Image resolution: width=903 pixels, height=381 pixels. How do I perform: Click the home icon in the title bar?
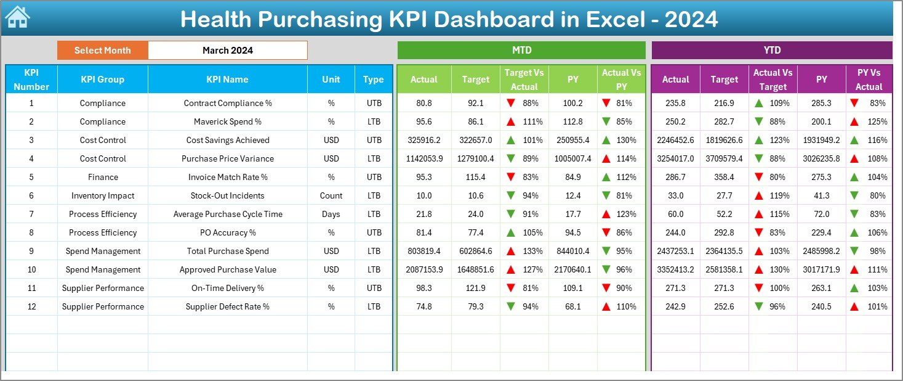pyautogui.click(x=17, y=18)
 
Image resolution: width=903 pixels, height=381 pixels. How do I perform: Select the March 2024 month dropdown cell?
pyautogui.click(x=228, y=51)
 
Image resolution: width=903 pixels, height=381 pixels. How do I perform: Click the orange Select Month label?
pyautogui.click(x=102, y=51)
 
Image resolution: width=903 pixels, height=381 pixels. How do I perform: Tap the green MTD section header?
pyautogui.click(x=521, y=51)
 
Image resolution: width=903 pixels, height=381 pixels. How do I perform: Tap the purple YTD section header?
pyautogui.click(x=771, y=51)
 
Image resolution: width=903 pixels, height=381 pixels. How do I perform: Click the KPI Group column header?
pyautogui.click(x=102, y=80)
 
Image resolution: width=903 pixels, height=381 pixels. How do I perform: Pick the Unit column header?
pyautogui.click(x=331, y=80)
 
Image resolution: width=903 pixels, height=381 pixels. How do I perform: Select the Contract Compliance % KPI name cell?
pyautogui.click(x=228, y=104)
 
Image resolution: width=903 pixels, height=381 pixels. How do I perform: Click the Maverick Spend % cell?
pyautogui.click(x=228, y=122)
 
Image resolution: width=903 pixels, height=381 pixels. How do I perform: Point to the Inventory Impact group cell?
pyautogui.click(x=102, y=196)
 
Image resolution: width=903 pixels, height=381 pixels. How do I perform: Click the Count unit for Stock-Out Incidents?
pyautogui.click(x=331, y=196)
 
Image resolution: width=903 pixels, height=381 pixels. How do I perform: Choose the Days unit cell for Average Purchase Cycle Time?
pyautogui.click(x=331, y=215)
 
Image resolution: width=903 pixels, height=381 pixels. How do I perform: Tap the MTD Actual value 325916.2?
pyautogui.click(x=423, y=141)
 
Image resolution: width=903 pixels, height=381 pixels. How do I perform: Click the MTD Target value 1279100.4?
pyautogui.click(x=475, y=159)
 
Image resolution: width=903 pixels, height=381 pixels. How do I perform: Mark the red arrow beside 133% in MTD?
pyautogui.click(x=510, y=252)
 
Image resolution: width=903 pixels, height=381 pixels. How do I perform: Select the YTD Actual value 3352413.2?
pyautogui.click(x=675, y=270)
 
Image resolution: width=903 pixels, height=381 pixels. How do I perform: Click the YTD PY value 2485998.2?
pyautogui.click(x=821, y=252)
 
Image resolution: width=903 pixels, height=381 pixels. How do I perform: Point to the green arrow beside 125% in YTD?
pyautogui.click(x=856, y=122)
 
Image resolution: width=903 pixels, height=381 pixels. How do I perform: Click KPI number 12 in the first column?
pyautogui.click(x=31, y=307)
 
